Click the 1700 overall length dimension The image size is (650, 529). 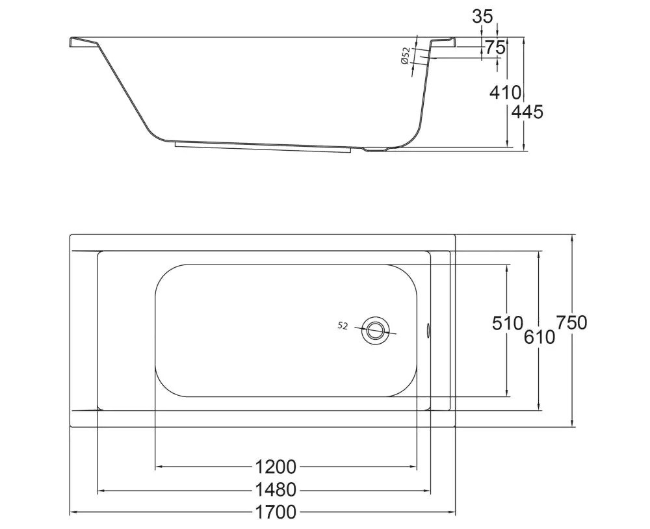click(275, 512)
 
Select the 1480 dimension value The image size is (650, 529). click(275, 490)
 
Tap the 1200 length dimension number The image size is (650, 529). click(275, 467)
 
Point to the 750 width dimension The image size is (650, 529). click(571, 322)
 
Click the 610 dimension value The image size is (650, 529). click(539, 337)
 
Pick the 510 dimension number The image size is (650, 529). click(508, 323)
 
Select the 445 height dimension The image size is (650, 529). click(526, 112)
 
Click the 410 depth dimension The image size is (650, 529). click(505, 92)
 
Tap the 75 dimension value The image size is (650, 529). click(495, 48)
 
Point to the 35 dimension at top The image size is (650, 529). click(482, 17)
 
